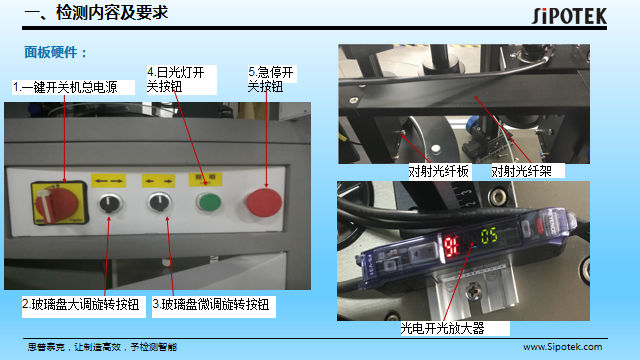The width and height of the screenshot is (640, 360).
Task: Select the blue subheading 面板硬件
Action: click(56, 52)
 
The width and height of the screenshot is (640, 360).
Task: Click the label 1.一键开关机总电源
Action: click(65, 87)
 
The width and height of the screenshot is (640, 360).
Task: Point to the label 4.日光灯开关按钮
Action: click(181, 79)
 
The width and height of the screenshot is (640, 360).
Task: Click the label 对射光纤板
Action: click(439, 171)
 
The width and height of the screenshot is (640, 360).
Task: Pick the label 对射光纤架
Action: click(527, 171)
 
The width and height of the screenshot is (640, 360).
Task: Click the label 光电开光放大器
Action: click(441, 327)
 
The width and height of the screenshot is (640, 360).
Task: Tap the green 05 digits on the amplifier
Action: click(489, 237)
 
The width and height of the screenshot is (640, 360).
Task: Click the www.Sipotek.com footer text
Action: click(563, 347)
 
